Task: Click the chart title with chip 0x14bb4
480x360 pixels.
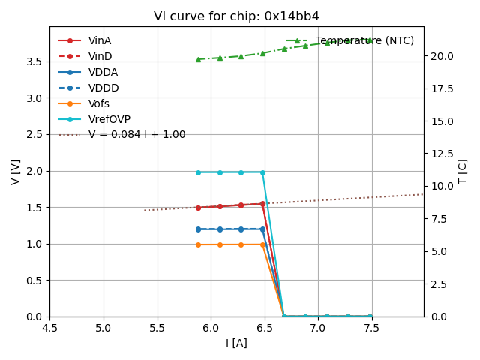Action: pyautogui.click(x=236, y=16)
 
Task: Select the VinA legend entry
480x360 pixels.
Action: pyautogui.click(x=99, y=40)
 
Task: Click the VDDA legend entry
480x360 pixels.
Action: pyautogui.click(x=103, y=72)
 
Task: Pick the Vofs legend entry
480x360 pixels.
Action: pyautogui.click(x=98, y=103)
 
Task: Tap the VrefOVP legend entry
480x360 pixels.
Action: pyautogui.click(x=109, y=119)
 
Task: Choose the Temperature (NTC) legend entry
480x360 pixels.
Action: pyautogui.click(x=364, y=40)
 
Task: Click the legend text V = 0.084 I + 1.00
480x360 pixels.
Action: pyautogui.click(x=136, y=135)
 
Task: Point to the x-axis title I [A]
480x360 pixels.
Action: pyautogui.click(x=236, y=343)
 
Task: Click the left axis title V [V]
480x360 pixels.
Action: pyautogui.click(x=16, y=171)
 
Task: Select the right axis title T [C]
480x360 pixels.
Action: pyautogui.click(x=463, y=171)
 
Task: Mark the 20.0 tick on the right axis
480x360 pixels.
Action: pyautogui.click(x=441, y=56)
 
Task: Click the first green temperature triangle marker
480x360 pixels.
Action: pyautogui.click(x=198, y=59)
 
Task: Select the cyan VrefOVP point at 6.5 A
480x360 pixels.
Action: pyautogui.click(x=262, y=172)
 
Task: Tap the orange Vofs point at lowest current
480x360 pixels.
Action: pyautogui.click(x=198, y=244)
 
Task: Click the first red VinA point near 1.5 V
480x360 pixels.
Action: pyautogui.click(x=198, y=208)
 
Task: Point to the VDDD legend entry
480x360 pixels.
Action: pyautogui.click(x=103, y=88)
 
